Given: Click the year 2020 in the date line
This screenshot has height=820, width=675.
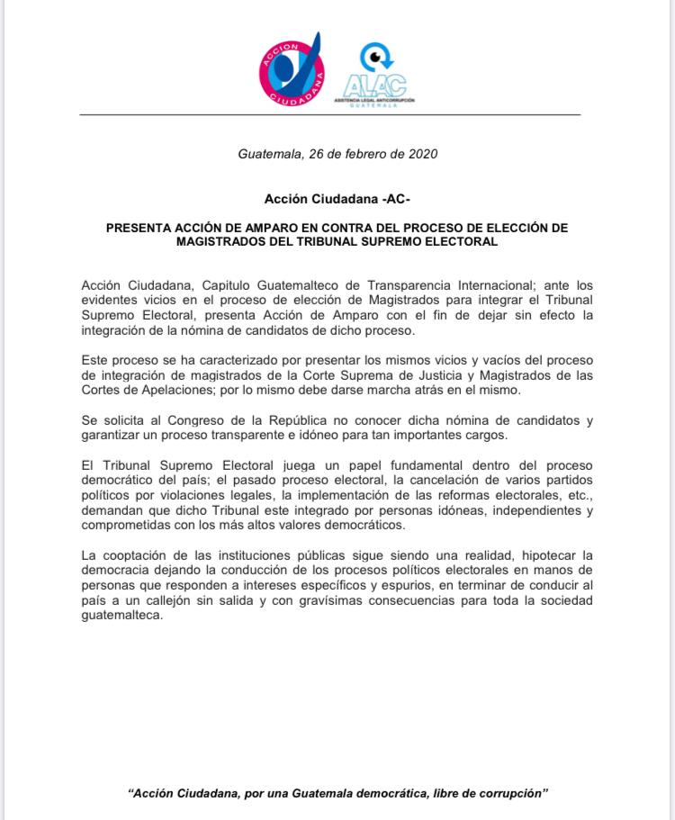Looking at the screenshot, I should click(421, 154).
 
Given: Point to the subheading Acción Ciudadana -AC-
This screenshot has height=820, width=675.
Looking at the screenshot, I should click(337, 197).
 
